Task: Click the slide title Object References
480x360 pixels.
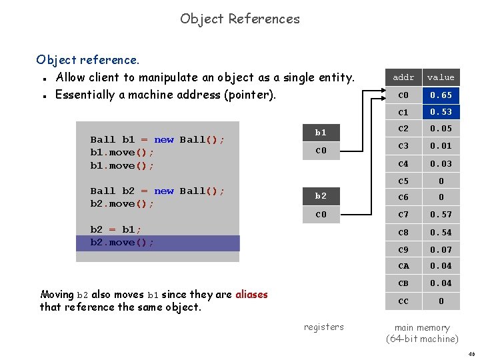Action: (240, 19)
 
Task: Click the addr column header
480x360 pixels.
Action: (403, 77)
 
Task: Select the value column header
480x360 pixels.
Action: (441, 77)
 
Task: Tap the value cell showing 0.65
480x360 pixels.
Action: (441, 95)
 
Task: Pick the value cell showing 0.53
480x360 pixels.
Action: (441, 112)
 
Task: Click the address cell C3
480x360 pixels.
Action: (403, 146)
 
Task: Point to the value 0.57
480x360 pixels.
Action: (441, 215)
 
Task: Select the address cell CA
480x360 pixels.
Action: (403, 266)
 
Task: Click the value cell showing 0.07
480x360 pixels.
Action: (441, 249)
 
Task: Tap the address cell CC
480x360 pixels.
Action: (403, 301)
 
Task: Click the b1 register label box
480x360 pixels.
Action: (321, 133)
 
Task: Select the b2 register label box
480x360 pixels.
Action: (321, 196)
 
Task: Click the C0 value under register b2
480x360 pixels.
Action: (321, 215)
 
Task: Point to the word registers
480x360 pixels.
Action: (324, 327)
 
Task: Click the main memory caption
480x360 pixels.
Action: (422, 333)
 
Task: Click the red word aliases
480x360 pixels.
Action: (251, 294)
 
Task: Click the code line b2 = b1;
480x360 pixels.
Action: (115, 229)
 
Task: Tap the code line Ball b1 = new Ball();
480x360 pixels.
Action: (157, 139)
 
